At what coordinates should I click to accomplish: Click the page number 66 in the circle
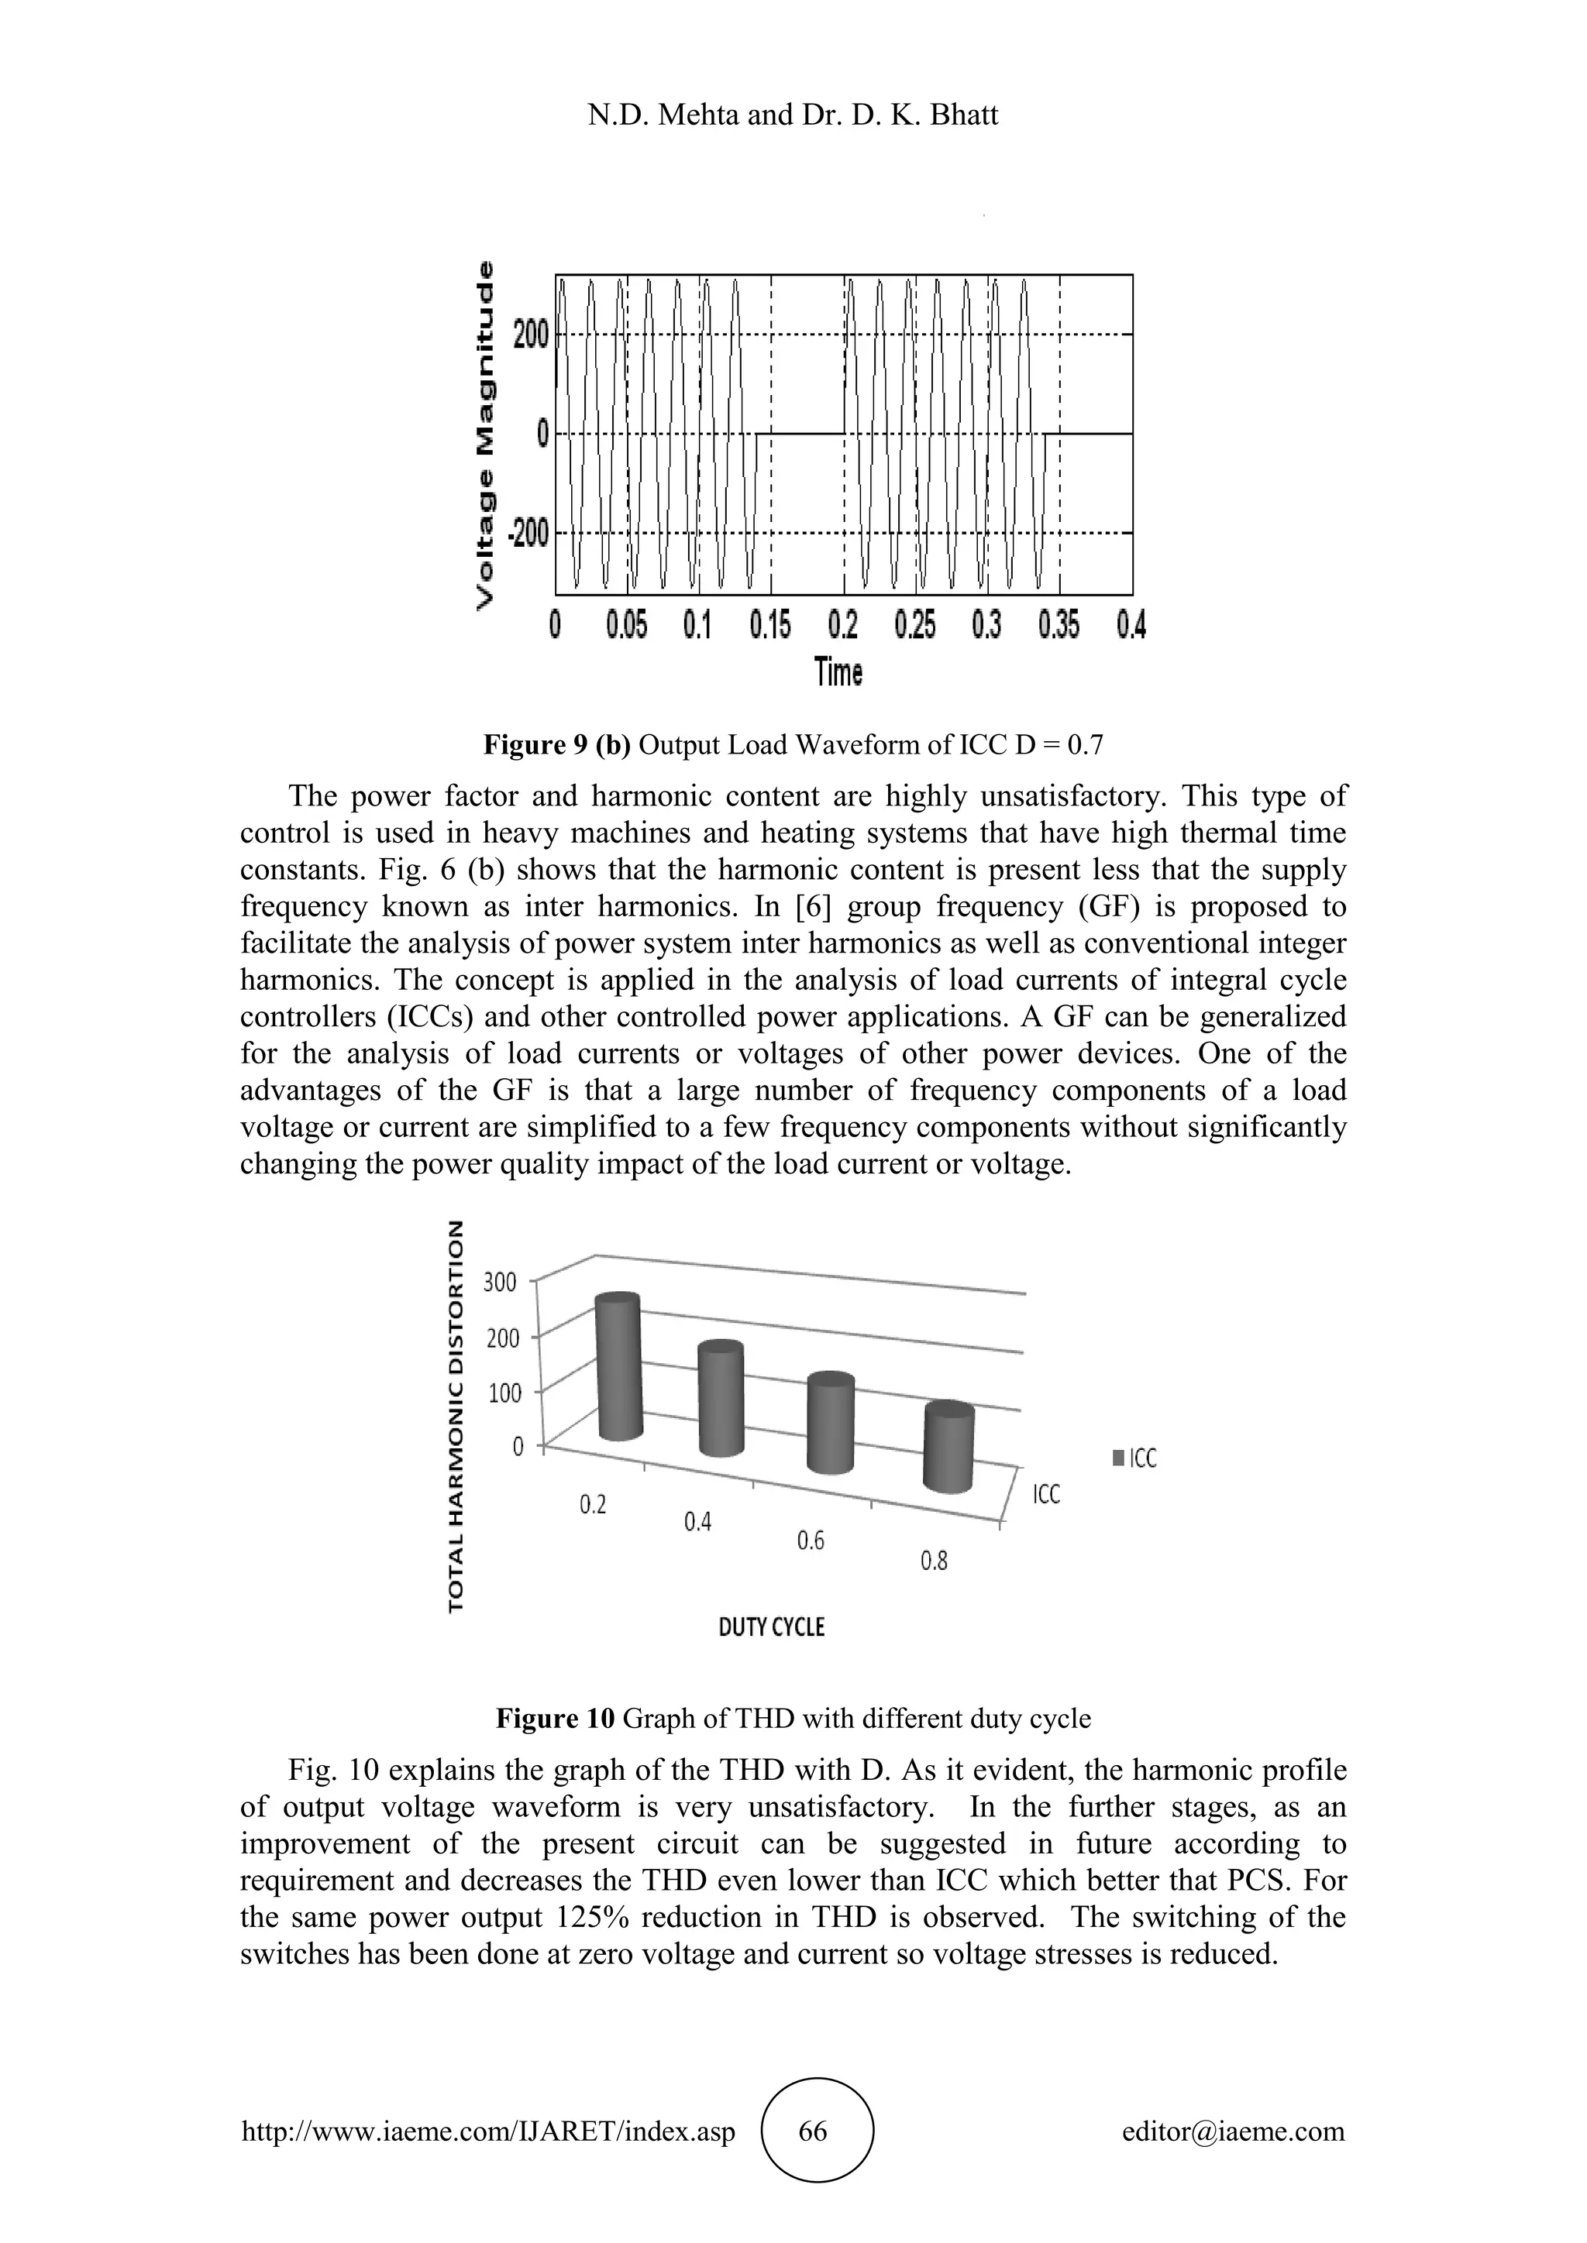(x=812, y=2131)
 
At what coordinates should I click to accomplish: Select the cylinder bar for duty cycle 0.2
(x=618, y=1368)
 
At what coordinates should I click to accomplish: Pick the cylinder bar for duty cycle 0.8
(x=949, y=1450)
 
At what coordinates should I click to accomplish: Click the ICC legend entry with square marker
(x=1134, y=1458)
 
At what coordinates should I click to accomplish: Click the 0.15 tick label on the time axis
(x=770, y=625)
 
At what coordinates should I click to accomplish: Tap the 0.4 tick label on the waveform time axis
(x=1131, y=625)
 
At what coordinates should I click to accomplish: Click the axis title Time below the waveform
(x=838, y=672)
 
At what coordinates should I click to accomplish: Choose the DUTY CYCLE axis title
(x=771, y=1627)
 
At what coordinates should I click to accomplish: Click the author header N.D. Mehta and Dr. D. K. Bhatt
(x=793, y=115)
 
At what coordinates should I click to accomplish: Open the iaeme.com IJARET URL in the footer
(x=487, y=2131)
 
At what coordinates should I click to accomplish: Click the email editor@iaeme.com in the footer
(x=1233, y=2131)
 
